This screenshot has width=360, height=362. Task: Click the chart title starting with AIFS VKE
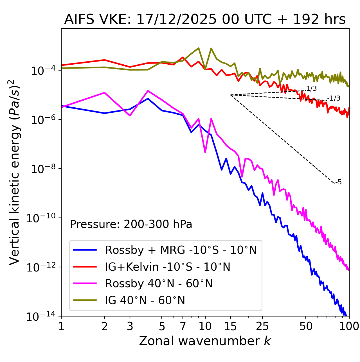point(205,20)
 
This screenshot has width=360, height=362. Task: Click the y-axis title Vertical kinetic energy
point(14,172)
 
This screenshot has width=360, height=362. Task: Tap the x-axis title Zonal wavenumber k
point(205,341)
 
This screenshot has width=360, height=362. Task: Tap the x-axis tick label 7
point(183,326)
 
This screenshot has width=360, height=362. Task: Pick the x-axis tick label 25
point(262,326)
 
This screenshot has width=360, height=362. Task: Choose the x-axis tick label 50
point(306,326)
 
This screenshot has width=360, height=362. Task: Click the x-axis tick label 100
point(349,326)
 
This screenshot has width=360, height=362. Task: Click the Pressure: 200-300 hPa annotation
point(131,224)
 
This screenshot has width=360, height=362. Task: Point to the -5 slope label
point(339,182)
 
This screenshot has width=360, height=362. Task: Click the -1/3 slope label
point(334,98)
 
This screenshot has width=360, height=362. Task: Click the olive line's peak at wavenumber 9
point(199,48)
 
